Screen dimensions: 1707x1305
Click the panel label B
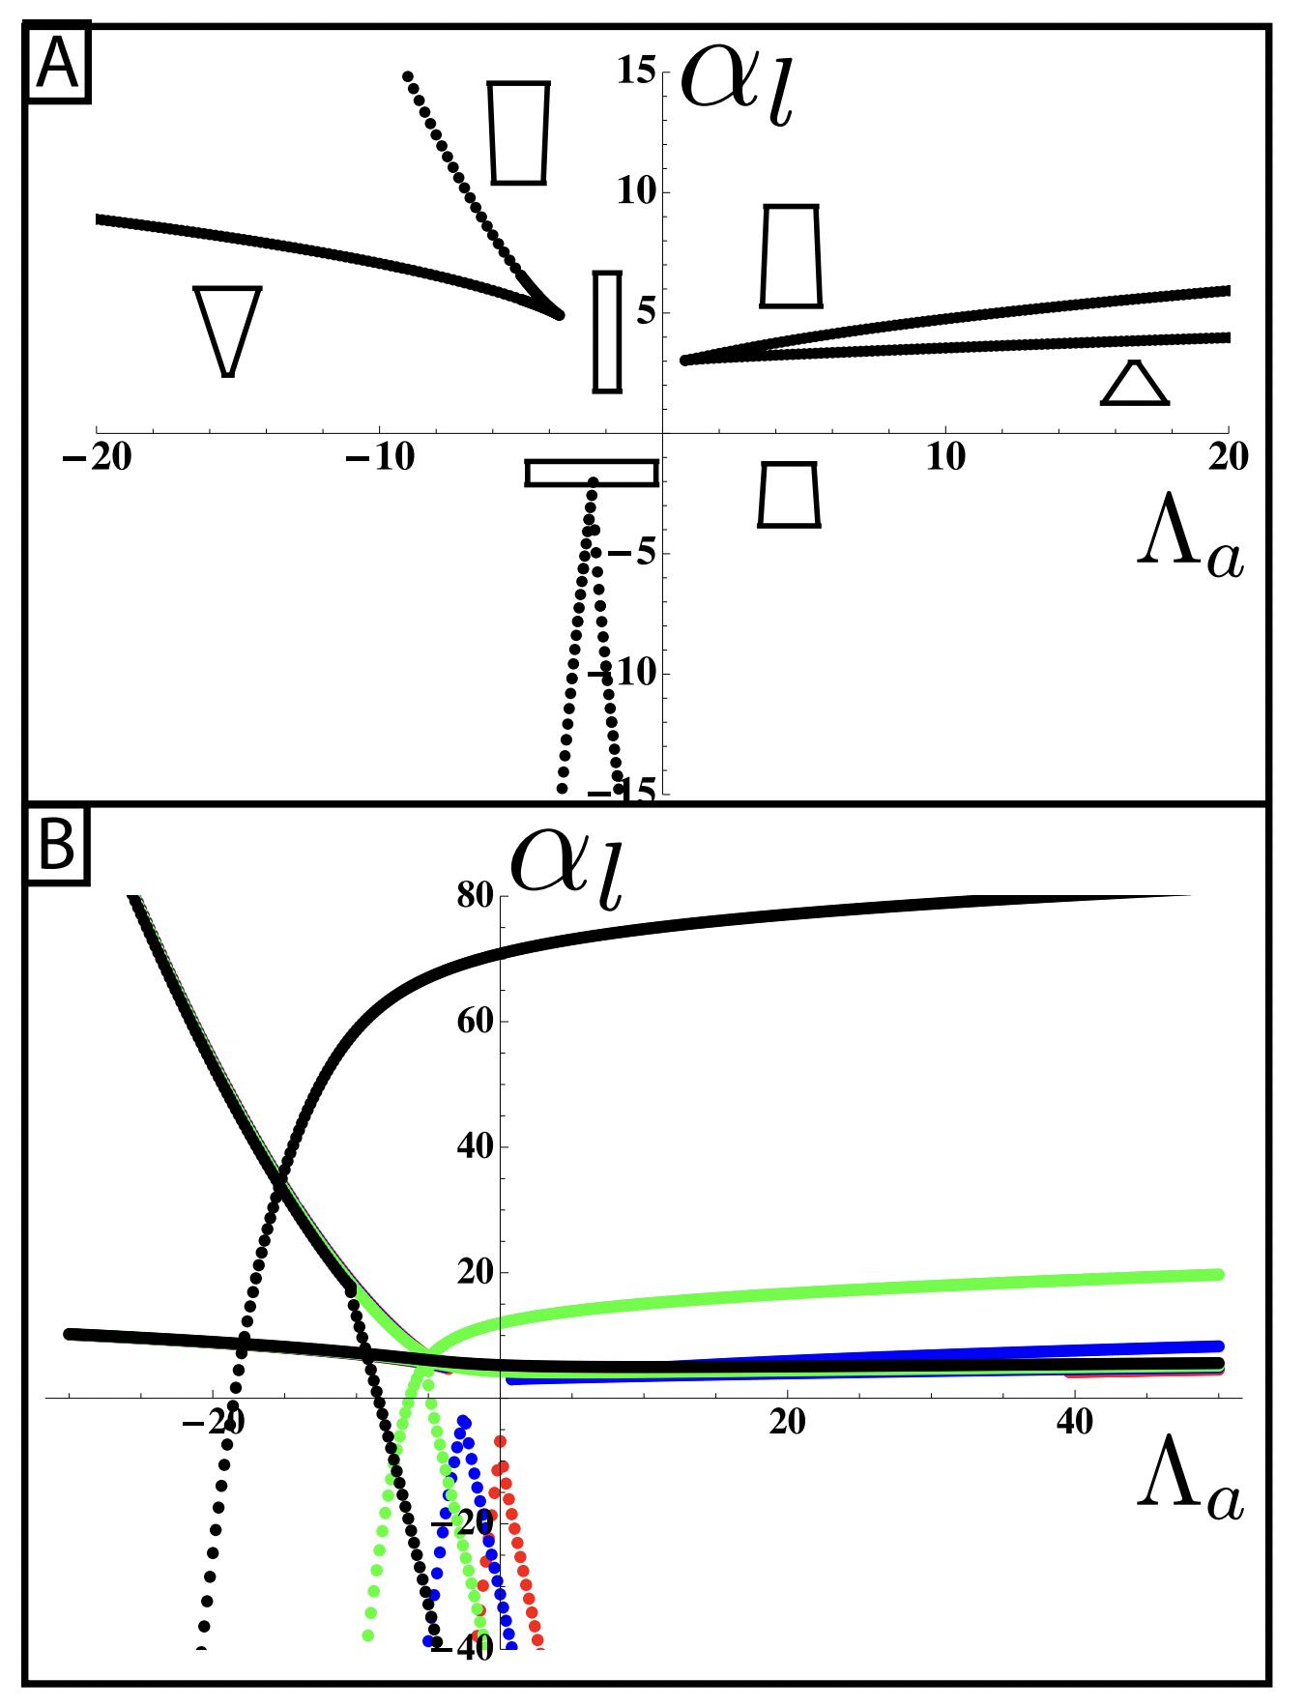57,852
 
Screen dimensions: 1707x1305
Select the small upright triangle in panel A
1136,384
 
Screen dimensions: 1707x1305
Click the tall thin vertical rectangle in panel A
607,332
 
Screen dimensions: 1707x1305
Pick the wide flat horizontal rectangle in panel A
592,473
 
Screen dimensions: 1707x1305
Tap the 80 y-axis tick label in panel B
476,897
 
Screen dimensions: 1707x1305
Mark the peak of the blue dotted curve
465,1422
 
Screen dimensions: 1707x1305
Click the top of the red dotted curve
501,1441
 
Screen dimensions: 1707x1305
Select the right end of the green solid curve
1219,1275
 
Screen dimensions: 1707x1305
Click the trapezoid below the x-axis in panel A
789,494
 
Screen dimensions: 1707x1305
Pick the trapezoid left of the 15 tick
519,132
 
